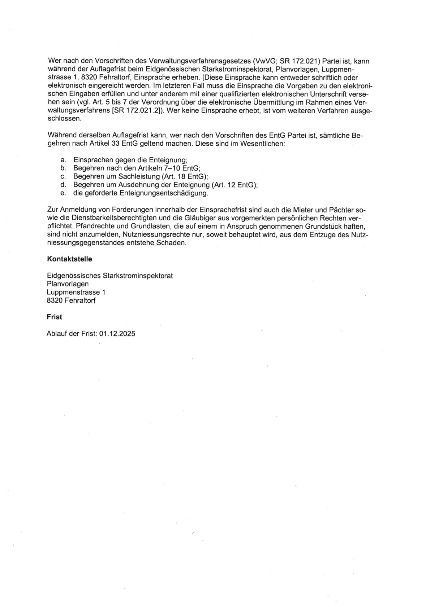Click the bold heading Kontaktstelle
click(x=69, y=259)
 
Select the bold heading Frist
click(x=54, y=317)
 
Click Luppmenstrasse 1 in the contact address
click(x=76, y=292)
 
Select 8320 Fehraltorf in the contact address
click(x=71, y=300)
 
